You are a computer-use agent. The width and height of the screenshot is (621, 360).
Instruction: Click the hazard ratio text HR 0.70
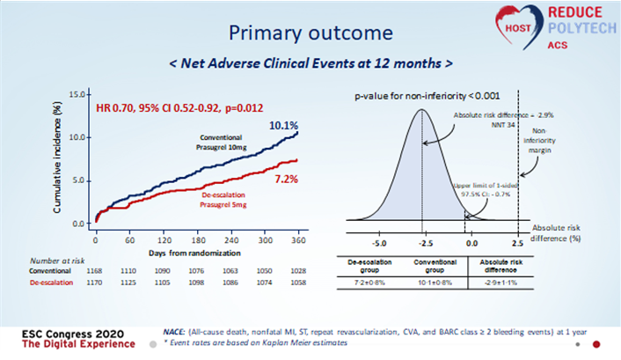click(x=121, y=109)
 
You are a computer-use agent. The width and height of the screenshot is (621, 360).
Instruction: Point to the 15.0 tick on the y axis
click(x=77, y=93)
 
